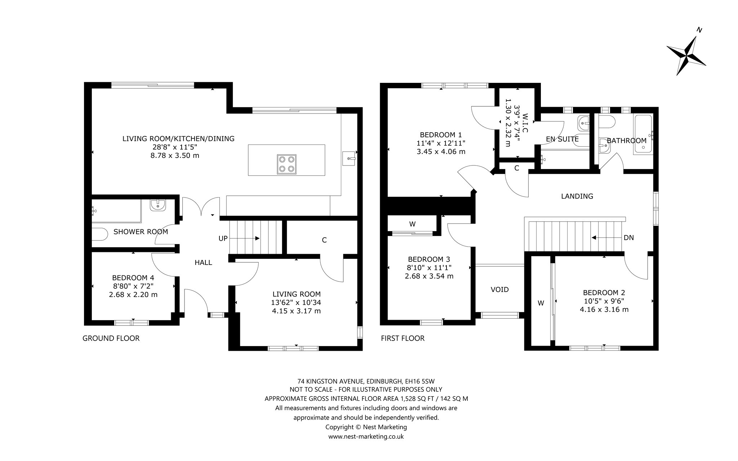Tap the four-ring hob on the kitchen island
point(287,164)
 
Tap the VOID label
point(500,289)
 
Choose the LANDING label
point(577,196)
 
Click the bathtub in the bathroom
point(644,135)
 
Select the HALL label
point(203,262)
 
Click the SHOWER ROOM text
point(141,232)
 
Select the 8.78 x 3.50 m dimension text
point(175,156)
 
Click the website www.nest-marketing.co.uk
point(366,436)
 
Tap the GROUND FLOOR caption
point(111,338)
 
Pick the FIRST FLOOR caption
point(403,338)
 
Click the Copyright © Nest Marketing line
point(366,427)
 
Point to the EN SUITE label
point(562,139)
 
